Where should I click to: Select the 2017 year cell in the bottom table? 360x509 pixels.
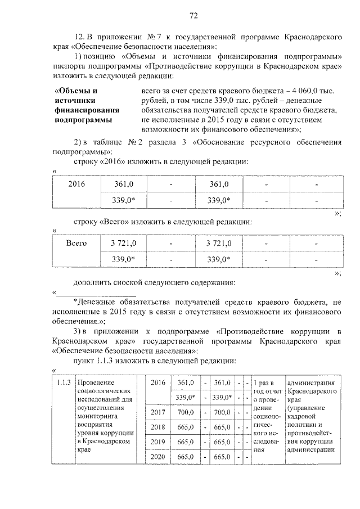[x=157, y=412]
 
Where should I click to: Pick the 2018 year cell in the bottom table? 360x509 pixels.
[x=157, y=427]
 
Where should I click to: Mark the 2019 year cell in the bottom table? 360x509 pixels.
[x=157, y=442]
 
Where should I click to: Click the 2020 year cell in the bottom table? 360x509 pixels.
[x=157, y=457]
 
